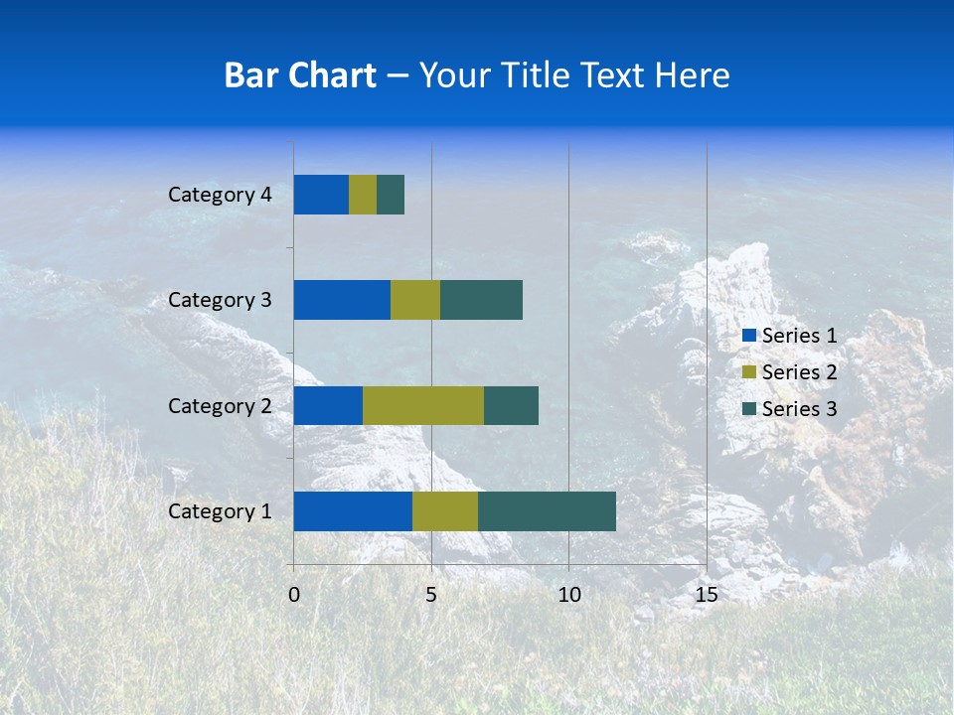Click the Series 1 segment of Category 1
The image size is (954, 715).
tap(353, 511)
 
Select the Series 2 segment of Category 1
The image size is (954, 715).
tap(445, 511)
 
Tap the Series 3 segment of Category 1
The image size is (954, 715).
tap(547, 511)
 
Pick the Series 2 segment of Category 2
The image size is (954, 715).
tap(423, 406)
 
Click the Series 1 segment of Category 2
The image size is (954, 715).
tap(328, 406)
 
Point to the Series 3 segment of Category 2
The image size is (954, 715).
tap(511, 406)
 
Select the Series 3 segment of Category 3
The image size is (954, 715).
tap(481, 300)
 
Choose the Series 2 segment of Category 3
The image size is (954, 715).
tap(415, 300)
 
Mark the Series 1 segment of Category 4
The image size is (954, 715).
tap(321, 195)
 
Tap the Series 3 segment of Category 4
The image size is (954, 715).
tap(391, 195)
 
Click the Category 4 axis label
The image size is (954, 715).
tap(220, 195)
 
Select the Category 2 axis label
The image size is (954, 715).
tap(220, 406)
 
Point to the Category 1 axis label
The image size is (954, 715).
tap(220, 511)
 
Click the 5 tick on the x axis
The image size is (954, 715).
tap(431, 595)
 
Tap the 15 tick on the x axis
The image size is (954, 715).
tap(706, 595)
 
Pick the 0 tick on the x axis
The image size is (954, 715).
tap(294, 595)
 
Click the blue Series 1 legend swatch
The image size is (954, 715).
tap(748, 336)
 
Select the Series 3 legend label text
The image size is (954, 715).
tap(799, 409)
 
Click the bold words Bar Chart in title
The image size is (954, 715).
tap(300, 75)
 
